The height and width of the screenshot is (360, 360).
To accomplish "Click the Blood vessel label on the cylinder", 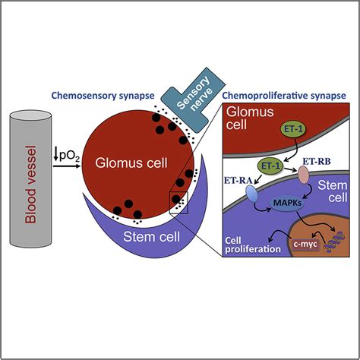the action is (30, 185).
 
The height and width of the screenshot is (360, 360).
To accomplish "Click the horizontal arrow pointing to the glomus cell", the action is (67, 166).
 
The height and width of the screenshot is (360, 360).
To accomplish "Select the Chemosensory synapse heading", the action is (103, 96).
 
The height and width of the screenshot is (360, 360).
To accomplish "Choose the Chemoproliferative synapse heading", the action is (284, 96).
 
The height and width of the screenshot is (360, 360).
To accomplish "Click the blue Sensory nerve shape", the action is (193, 99).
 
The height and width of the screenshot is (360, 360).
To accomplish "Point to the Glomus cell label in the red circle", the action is (131, 163).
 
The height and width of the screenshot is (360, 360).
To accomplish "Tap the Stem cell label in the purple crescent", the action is (151, 237).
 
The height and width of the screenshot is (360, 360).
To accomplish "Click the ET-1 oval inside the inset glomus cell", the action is (292, 129).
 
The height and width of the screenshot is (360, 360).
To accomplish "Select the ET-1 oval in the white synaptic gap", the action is (270, 166).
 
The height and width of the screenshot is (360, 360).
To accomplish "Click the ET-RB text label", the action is (317, 162).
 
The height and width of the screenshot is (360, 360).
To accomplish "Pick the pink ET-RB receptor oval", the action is (303, 175).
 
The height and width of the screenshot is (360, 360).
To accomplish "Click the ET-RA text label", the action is (238, 181).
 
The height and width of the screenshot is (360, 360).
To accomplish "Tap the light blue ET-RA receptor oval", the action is (251, 194).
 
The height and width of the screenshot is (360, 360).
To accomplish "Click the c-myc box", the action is (305, 245).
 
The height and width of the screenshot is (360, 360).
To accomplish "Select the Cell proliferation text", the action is (253, 245).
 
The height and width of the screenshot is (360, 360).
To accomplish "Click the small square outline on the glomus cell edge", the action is (178, 203).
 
